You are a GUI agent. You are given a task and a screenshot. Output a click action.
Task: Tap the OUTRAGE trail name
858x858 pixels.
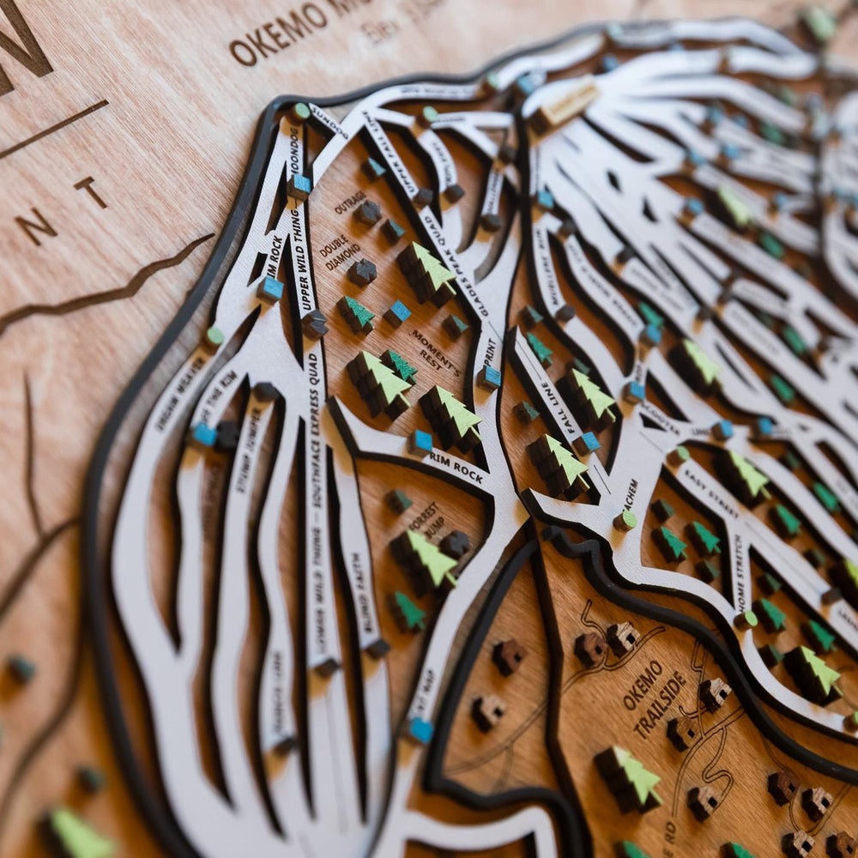pyautogui.click(x=349, y=202)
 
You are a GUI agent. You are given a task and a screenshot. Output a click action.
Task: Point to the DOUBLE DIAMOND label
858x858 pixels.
pyautogui.click(x=341, y=251)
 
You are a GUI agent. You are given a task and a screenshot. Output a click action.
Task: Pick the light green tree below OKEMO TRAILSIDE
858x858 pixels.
pyautogui.click(x=630, y=776)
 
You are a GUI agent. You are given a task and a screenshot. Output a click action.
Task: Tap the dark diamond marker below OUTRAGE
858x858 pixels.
pyautogui.click(x=368, y=212)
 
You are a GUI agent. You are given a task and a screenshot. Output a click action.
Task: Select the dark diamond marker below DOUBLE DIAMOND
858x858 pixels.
pyautogui.click(x=361, y=272)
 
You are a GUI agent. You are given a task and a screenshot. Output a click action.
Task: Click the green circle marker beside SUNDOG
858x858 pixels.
pyautogui.click(x=300, y=112)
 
